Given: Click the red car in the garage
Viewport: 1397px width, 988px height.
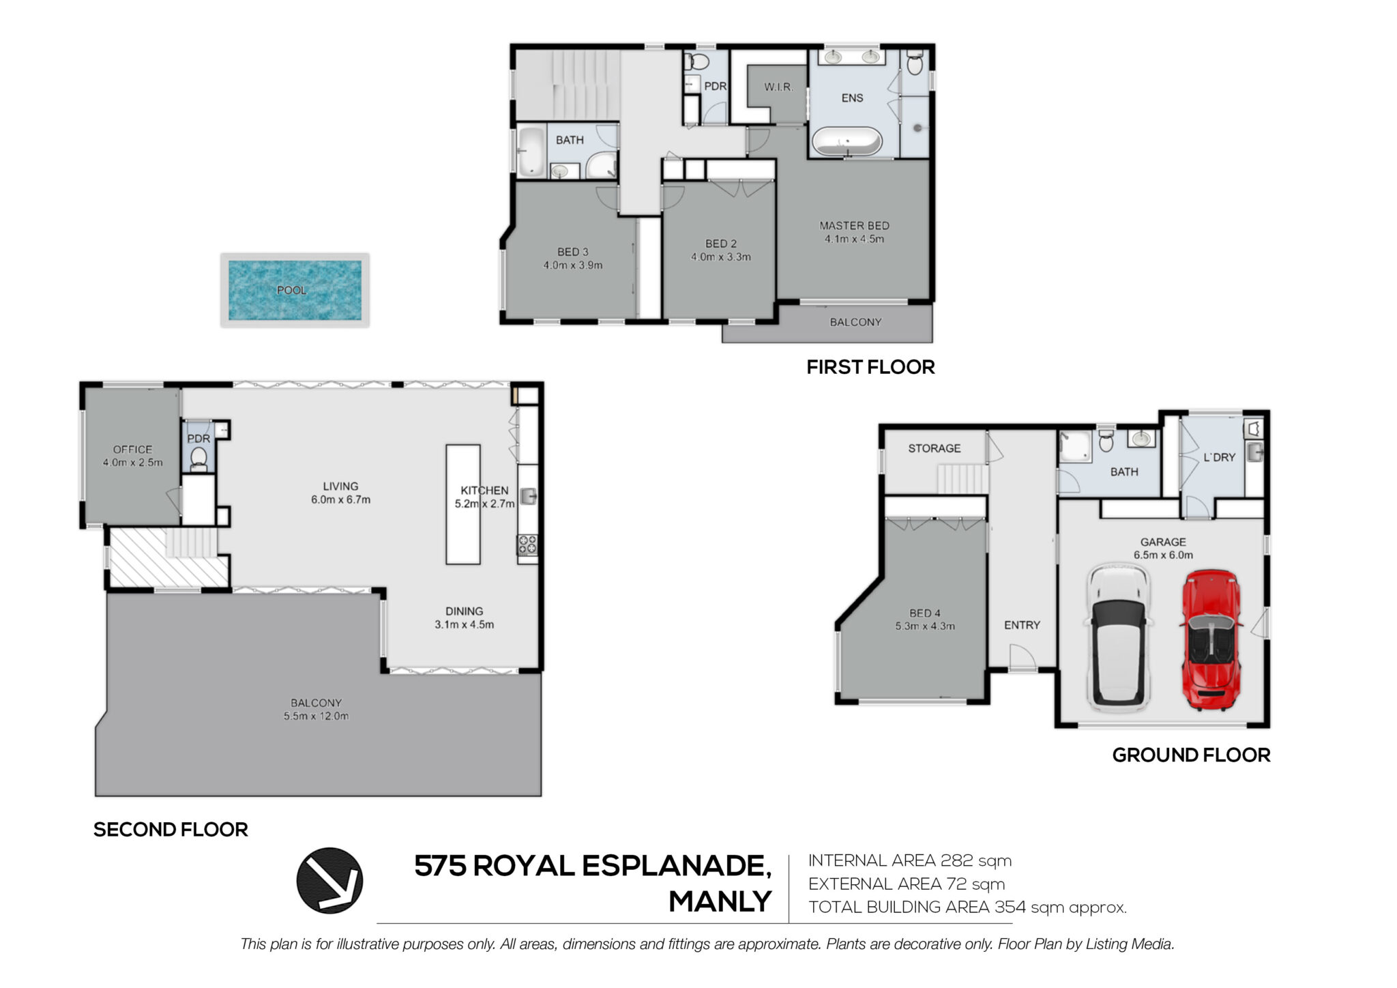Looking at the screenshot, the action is (x=1211, y=640).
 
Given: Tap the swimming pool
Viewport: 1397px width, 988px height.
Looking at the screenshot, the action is (x=295, y=290).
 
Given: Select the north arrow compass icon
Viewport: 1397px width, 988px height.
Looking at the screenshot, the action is (x=329, y=880).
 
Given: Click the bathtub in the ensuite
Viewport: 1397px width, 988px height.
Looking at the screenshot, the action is (x=847, y=142).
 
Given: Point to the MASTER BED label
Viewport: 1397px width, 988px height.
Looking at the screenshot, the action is (x=854, y=225).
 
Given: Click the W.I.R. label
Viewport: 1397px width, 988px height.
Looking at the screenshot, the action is (x=778, y=87).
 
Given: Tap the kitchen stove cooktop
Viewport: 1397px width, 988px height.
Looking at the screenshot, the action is (x=527, y=544).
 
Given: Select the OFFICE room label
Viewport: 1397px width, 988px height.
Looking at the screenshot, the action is (x=132, y=450).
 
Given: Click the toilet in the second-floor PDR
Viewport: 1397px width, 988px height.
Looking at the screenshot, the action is (x=198, y=458).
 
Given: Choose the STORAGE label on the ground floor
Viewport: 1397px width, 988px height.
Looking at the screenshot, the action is (x=934, y=448).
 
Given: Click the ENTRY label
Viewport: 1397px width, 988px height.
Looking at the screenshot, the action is (x=1022, y=625).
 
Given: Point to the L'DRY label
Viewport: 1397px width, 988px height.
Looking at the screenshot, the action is (x=1219, y=457).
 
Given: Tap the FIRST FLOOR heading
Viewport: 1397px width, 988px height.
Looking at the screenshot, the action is (x=870, y=367).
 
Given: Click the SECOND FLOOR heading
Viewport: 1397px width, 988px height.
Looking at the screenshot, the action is (x=171, y=830).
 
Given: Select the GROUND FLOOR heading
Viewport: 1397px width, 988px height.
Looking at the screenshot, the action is (x=1191, y=755).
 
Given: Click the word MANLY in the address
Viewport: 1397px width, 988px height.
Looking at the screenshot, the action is (x=720, y=902).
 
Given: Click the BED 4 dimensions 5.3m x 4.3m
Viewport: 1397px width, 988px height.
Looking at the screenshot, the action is (x=924, y=626).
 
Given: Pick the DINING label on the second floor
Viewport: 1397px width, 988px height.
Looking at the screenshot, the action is (x=464, y=611).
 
